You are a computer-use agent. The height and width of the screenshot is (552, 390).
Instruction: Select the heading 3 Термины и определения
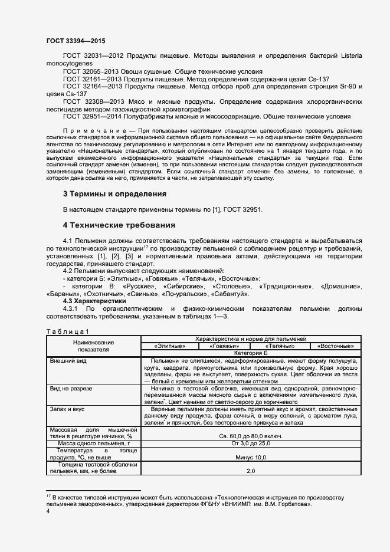pyautogui.click(x=114, y=193)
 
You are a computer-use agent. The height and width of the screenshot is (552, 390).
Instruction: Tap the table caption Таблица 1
pyautogui.click(x=68, y=331)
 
